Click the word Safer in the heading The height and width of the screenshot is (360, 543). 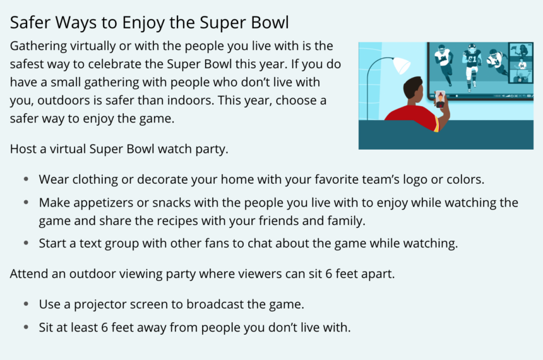tap(30, 23)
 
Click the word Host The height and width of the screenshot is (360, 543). tap(23, 149)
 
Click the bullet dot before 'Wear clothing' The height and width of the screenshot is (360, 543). tap(26, 179)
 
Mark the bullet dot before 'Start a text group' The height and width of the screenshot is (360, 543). tap(26, 243)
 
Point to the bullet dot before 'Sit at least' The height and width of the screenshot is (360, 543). tap(26, 327)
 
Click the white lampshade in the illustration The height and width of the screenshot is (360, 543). tap(401, 65)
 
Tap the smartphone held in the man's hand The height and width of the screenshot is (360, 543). tap(440, 100)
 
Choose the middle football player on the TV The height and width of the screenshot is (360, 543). tap(471, 66)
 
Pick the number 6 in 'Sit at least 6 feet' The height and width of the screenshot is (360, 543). tap(105, 327)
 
